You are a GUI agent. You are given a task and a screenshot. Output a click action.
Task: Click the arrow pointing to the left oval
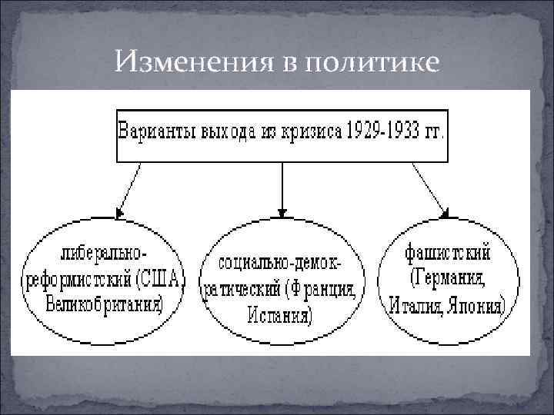[128, 188]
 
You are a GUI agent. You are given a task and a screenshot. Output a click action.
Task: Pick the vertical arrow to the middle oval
[283, 188]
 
